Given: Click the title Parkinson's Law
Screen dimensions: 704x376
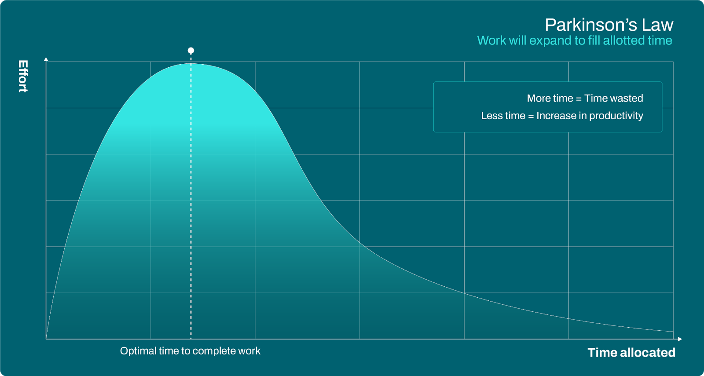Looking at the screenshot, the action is (609, 25).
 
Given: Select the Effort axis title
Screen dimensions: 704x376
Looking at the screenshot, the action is (23, 76).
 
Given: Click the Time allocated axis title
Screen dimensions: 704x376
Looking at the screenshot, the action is (631, 352).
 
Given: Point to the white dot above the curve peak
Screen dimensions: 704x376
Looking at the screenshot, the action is (191, 51).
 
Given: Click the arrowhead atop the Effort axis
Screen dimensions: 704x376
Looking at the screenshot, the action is (46, 59).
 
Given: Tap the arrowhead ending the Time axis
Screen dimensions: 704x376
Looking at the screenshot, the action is (680, 339).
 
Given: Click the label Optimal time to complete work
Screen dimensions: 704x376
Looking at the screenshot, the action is (190, 351).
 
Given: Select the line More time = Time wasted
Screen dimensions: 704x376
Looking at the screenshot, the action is (585, 99).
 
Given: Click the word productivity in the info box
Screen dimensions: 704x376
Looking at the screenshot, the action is (616, 116).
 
